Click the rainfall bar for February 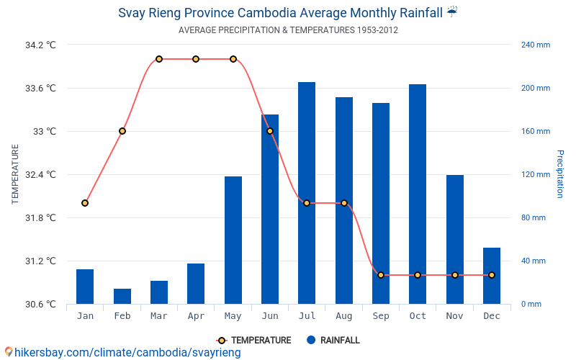[122, 296]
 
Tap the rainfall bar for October [418, 194]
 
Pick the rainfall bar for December [492, 276]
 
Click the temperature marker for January [85, 203]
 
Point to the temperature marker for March [159, 59]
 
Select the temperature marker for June [270, 131]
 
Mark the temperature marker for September [381, 275]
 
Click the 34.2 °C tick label [40, 45]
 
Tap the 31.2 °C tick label [40, 261]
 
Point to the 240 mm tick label [536, 45]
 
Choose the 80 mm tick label [534, 217]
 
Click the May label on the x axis [233, 316]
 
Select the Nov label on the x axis [454, 316]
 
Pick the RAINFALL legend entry [333, 341]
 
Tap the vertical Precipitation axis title [559, 174]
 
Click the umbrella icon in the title [452, 12]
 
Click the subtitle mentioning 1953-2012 [288, 30]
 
